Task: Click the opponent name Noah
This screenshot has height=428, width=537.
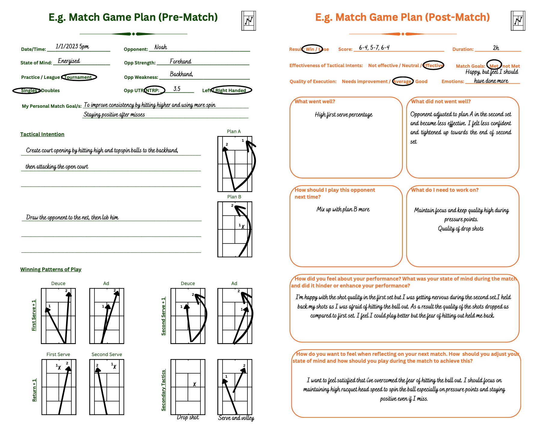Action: tap(161, 47)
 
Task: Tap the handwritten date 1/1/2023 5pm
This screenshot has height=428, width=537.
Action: tap(72, 46)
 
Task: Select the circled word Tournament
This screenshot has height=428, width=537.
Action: tap(78, 77)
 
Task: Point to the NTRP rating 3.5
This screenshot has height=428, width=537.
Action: tap(177, 89)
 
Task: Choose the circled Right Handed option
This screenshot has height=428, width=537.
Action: tap(231, 90)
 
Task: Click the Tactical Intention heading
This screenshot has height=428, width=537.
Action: tap(42, 134)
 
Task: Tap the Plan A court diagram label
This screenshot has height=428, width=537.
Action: tap(234, 131)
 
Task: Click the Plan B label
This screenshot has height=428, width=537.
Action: tap(234, 197)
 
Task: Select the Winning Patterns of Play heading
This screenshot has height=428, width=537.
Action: tap(51, 269)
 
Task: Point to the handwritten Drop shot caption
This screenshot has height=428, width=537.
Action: tap(188, 417)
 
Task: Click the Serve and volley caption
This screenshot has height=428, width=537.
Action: tap(236, 418)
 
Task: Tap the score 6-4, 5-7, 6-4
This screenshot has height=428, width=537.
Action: tap(374, 48)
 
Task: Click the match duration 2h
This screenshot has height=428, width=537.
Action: tap(496, 48)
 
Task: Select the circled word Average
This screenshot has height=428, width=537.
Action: tap(403, 81)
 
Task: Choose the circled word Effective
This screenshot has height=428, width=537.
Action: tap(433, 65)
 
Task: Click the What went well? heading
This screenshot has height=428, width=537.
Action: tap(315, 101)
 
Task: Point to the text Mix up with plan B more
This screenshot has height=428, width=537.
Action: tap(343, 209)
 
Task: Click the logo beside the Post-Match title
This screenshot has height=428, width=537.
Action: tap(518, 21)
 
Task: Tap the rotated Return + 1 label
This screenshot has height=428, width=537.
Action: tap(34, 390)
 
